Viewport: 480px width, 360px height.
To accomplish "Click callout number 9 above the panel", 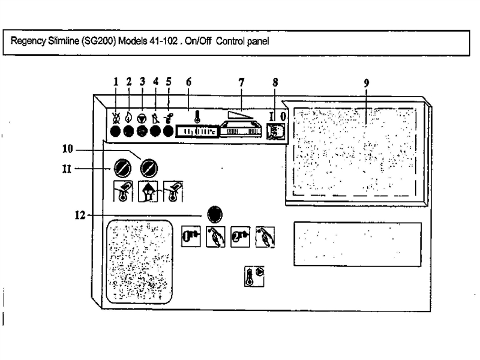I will point(365,82).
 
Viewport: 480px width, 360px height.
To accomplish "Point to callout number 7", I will point(241,82).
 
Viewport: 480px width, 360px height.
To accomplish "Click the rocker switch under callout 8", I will point(274,131).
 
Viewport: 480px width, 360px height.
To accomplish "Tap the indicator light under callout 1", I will point(116,131).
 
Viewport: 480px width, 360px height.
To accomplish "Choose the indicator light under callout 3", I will point(142,131).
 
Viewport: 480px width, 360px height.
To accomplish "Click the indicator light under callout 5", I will point(168,131).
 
